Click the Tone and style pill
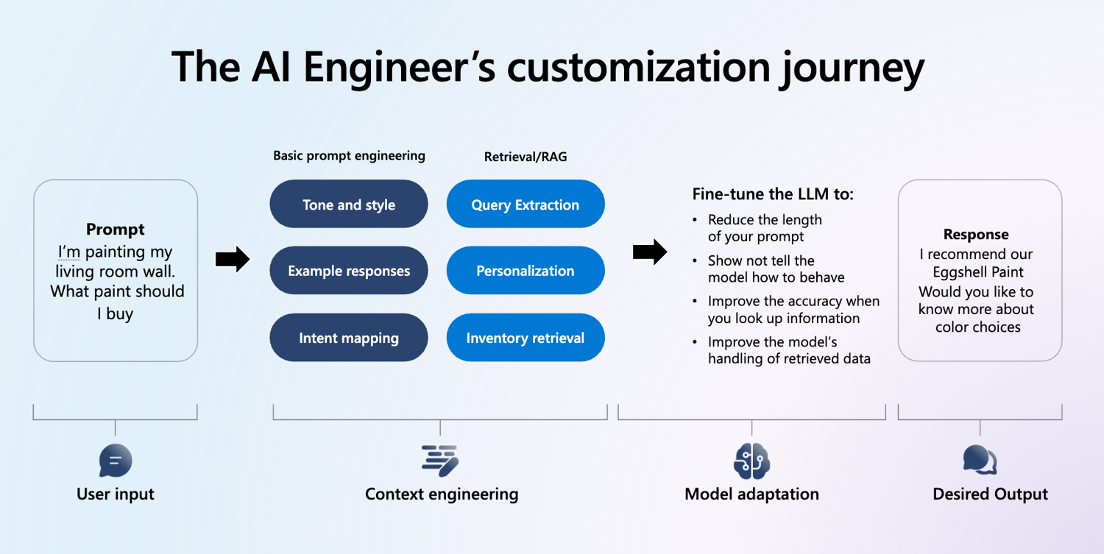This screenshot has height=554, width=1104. pyautogui.click(x=348, y=204)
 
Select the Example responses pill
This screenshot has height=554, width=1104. pyautogui.click(x=348, y=271)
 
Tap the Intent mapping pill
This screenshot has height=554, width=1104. pyautogui.click(x=348, y=338)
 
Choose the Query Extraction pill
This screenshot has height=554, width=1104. pyautogui.click(x=526, y=204)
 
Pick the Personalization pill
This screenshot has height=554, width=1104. pyautogui.click(x=526, y=271)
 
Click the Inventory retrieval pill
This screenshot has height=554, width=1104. pyautogui.click(x=526, y=338)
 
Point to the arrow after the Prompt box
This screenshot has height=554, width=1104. pyautogui.click(x=233, y=259)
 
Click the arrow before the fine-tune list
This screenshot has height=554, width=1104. pyautogui.click(x=650, y=252)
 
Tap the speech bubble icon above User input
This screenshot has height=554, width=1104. pyautogui.click(x=116, y=461)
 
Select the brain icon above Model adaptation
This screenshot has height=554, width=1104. pyautogui.click(x=751, y=461)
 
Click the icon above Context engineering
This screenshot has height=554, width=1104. pyautogui.click(x=440, y=461)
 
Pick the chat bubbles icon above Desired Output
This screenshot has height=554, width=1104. pyautogui.click(x=980, y=460)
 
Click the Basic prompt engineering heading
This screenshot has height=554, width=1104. pyautogui.click(x=349, y=156)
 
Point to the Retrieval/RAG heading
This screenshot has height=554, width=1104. pyautogui.click(x=526, y=157)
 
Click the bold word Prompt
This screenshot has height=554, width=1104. pyautogui.click(x=116, y=230)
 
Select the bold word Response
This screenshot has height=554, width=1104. pyautogui.click(x=976, y=234)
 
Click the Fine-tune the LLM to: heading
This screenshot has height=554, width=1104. pyautogui.click(x=773, y=193)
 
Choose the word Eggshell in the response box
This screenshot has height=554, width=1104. pyautogui.click(x=955, y=272)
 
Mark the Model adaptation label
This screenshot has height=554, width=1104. pyautogui.click(x=751, y=494)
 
